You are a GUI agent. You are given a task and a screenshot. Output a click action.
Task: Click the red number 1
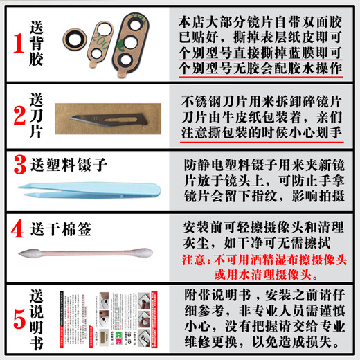point(15,42)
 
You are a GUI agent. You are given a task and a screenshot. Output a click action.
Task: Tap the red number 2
point(16,114)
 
